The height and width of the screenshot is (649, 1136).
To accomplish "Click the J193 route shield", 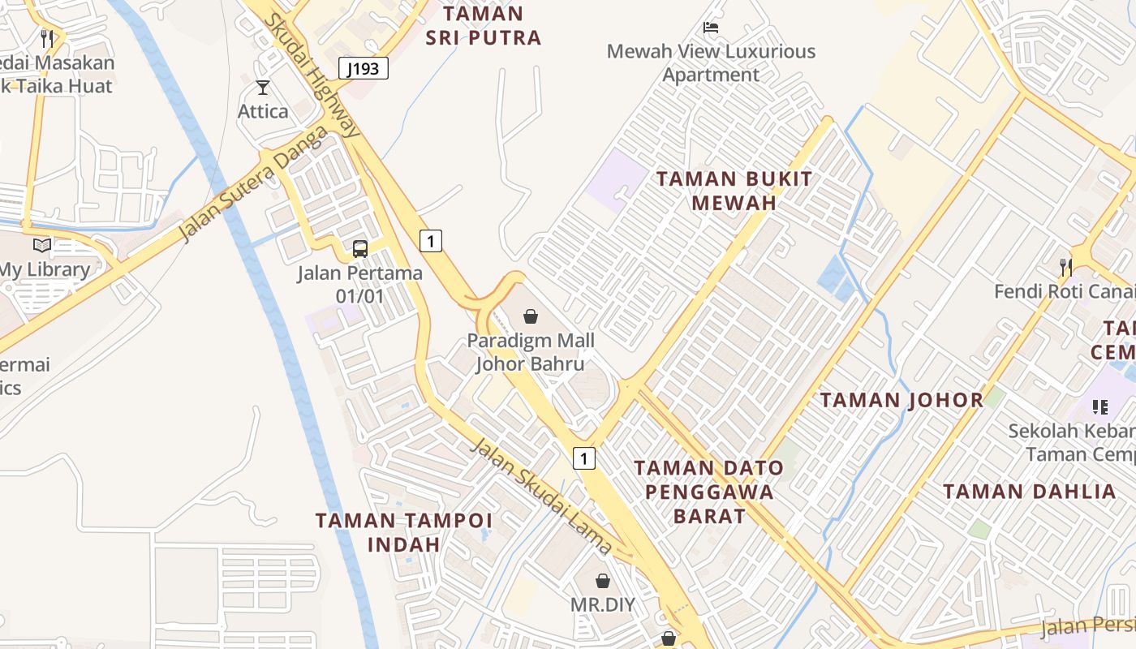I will click(363, 69).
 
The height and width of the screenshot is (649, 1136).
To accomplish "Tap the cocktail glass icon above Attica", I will click(262, 88).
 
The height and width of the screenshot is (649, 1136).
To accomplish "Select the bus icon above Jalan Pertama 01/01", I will click(359, 249).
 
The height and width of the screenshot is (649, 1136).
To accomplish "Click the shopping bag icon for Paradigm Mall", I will click(531, 316).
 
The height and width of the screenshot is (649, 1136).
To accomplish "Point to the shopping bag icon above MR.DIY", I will click(602, 581).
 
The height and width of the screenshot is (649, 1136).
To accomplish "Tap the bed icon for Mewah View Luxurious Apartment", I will click(711, 28).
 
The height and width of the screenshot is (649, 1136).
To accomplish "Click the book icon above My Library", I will click(42, 245).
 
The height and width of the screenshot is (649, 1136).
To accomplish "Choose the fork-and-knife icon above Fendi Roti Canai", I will click(1066, 267).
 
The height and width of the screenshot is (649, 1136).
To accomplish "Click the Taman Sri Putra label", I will click(484, 26).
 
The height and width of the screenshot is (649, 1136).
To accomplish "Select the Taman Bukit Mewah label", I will click(734, 191).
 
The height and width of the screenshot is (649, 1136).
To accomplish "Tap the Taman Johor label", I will click(901, 400).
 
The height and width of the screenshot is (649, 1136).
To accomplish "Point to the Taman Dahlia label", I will click(1030, 492).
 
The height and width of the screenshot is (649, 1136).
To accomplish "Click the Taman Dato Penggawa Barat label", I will click(709, 492).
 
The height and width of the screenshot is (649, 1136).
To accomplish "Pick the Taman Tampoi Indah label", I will click(403, 532).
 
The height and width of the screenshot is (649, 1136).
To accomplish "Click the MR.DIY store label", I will click(602, 605).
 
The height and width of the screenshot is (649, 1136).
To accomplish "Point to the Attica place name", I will click(263, 111).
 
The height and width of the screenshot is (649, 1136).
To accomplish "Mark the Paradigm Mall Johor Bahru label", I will click(531, 352).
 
